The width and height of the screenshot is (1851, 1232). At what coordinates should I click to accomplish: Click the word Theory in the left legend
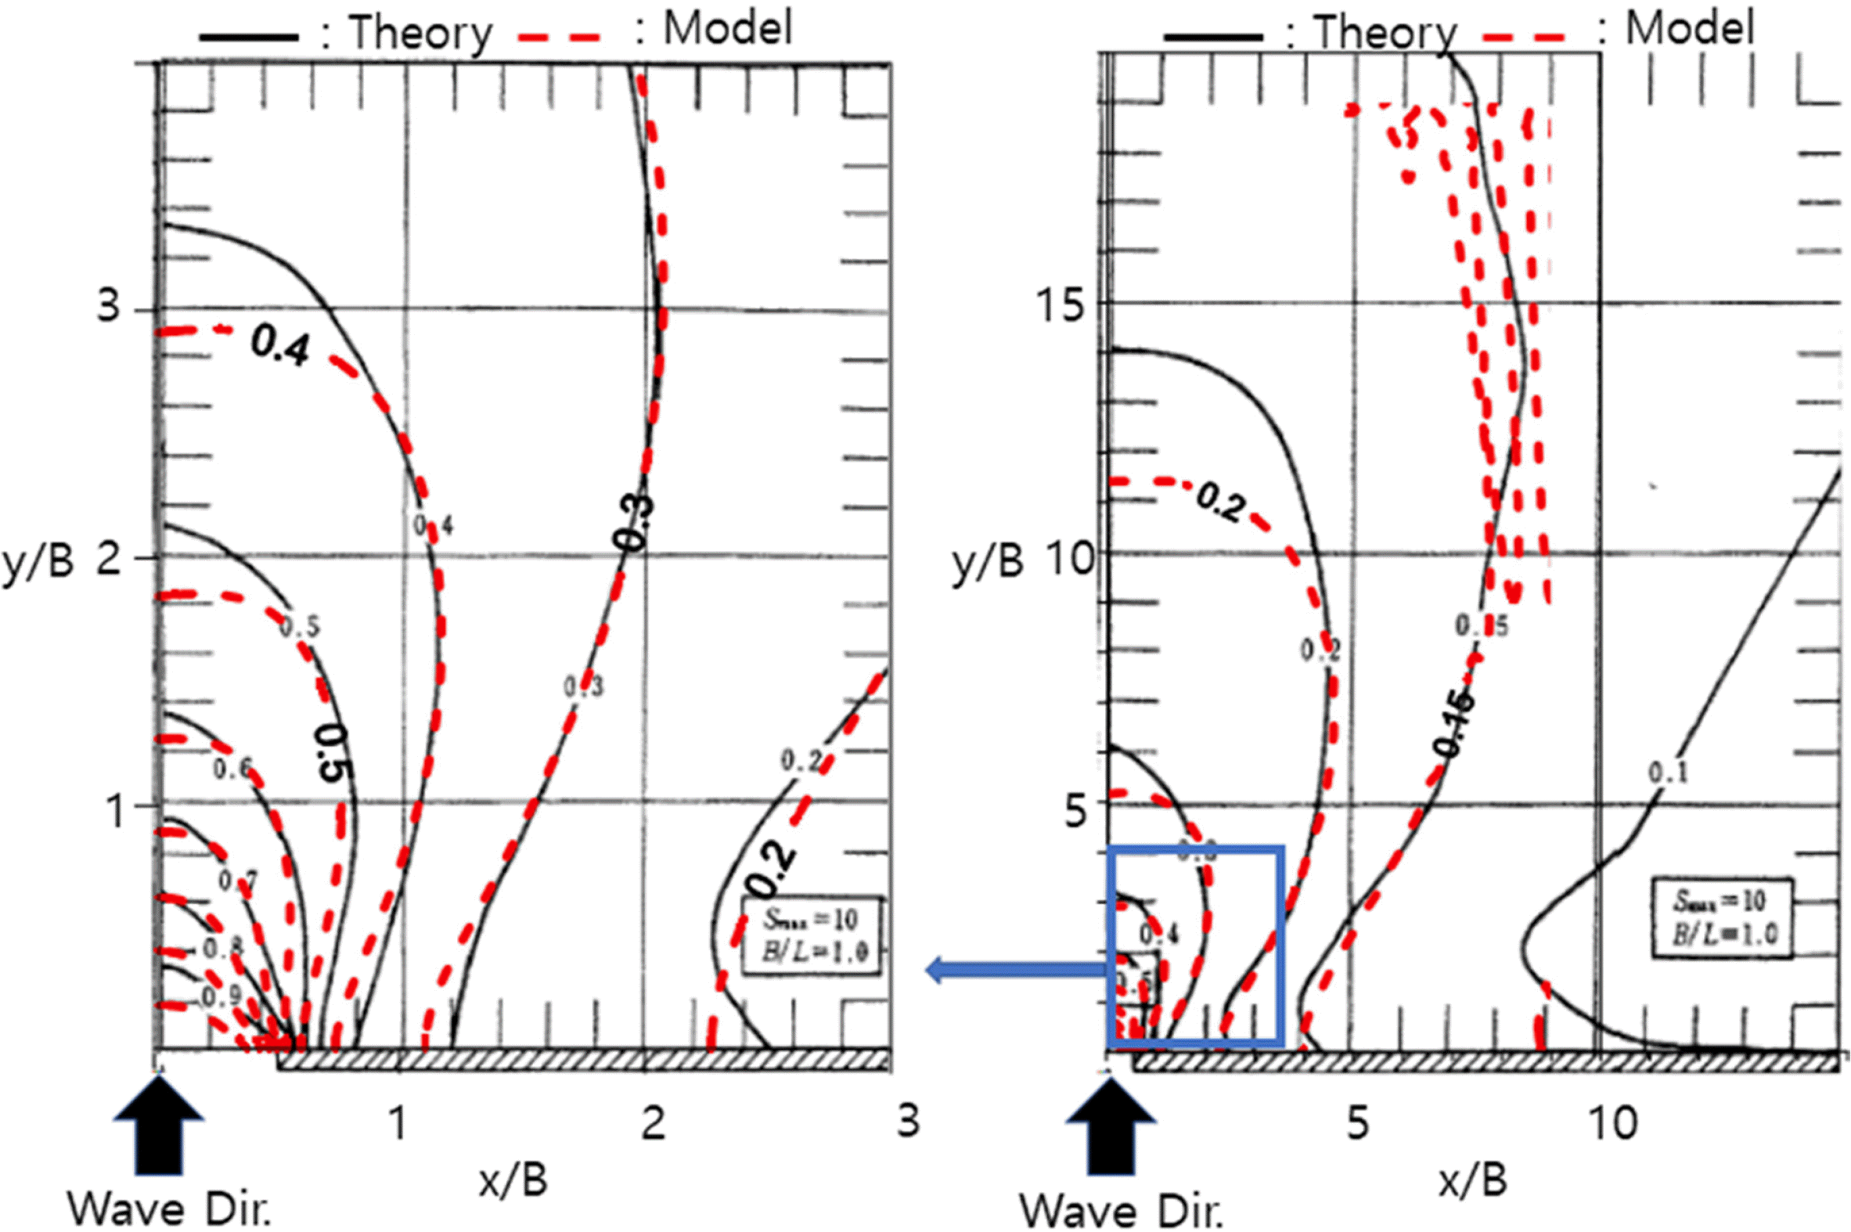click(420, 34)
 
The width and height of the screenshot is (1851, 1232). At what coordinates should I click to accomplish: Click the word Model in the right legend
click(1688, 29)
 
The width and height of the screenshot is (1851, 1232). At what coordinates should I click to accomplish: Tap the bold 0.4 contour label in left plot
click(280, 347)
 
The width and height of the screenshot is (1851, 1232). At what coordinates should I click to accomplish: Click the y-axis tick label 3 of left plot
click(110, 304)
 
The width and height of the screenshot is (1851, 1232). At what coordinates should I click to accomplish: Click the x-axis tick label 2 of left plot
click(654, 1123)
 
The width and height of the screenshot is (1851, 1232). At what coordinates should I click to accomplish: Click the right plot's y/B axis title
click(988, 563)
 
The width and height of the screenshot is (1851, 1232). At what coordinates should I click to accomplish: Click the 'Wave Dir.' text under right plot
click(1122, 1210)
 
